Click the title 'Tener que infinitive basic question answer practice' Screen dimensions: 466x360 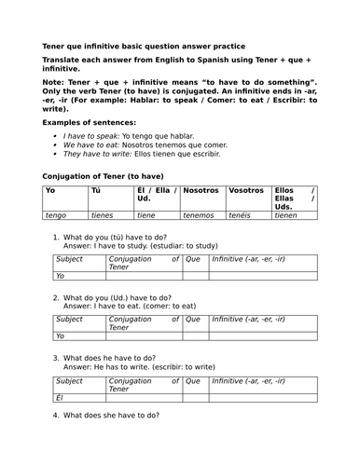pyautogui.click(x=145, y=45)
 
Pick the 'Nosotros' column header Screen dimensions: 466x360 pyautogui.click(x=201, y=190)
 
